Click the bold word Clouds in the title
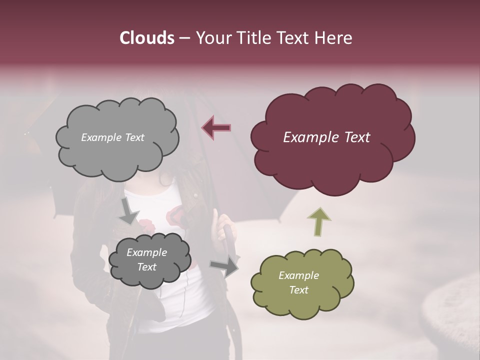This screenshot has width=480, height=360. click(146, 38)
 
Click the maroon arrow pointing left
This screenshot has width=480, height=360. click(216, 127)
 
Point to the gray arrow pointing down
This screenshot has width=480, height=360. click(129, 211)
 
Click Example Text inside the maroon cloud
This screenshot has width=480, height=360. click(326, 137)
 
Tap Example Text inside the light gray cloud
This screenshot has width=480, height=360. click(112, 137)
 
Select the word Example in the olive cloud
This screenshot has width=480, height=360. click(298, 275)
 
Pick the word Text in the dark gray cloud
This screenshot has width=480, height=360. click(146, 267)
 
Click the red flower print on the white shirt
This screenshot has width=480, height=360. click(176, 215)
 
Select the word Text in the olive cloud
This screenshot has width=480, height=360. click(298, 290)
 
